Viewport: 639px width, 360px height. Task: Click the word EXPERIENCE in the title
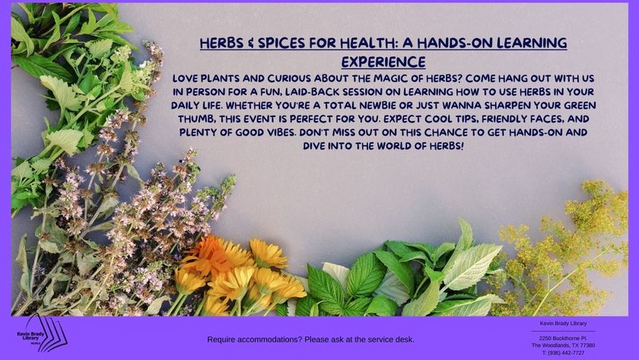383,62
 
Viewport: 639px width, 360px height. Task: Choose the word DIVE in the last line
313,146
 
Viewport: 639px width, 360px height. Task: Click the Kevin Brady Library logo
43,334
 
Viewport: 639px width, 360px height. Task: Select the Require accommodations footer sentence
310,339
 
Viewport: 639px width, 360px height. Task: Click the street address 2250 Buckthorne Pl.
563,339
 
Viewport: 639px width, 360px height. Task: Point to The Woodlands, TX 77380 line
563,346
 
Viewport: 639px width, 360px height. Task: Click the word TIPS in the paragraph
466,119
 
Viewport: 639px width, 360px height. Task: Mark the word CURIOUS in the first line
289,78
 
